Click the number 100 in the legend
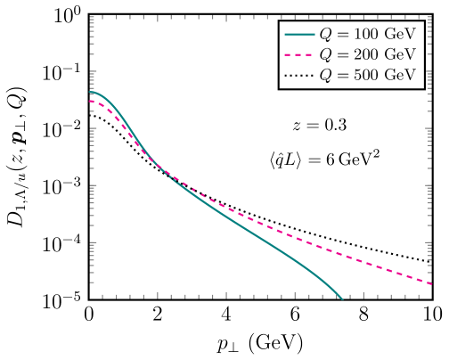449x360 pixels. coord(365,35)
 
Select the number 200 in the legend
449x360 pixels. coord(365,55)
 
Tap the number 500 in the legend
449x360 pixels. coord(365,76)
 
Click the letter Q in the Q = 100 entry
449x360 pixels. coord(323,36)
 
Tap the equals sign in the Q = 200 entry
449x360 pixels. coord(341,55)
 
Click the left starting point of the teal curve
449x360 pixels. coord(90,92)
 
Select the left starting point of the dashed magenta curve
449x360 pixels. coord(90,101)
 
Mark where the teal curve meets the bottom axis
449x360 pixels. coord(342,299)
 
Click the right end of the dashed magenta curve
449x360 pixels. coord(432,284)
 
